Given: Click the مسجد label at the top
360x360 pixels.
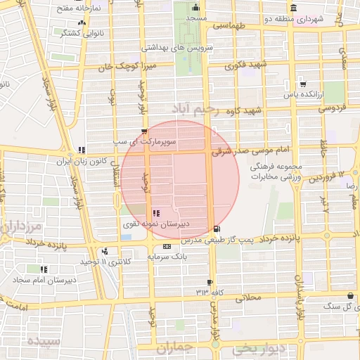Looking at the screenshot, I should pos(198,18).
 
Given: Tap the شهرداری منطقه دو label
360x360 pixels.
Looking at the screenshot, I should pos(319,19).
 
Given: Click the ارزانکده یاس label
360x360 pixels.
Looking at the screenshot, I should pos(302,93).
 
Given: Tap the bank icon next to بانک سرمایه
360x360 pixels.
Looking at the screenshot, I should pos(167,247).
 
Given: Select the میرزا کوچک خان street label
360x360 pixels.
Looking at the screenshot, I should pos(131,67).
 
